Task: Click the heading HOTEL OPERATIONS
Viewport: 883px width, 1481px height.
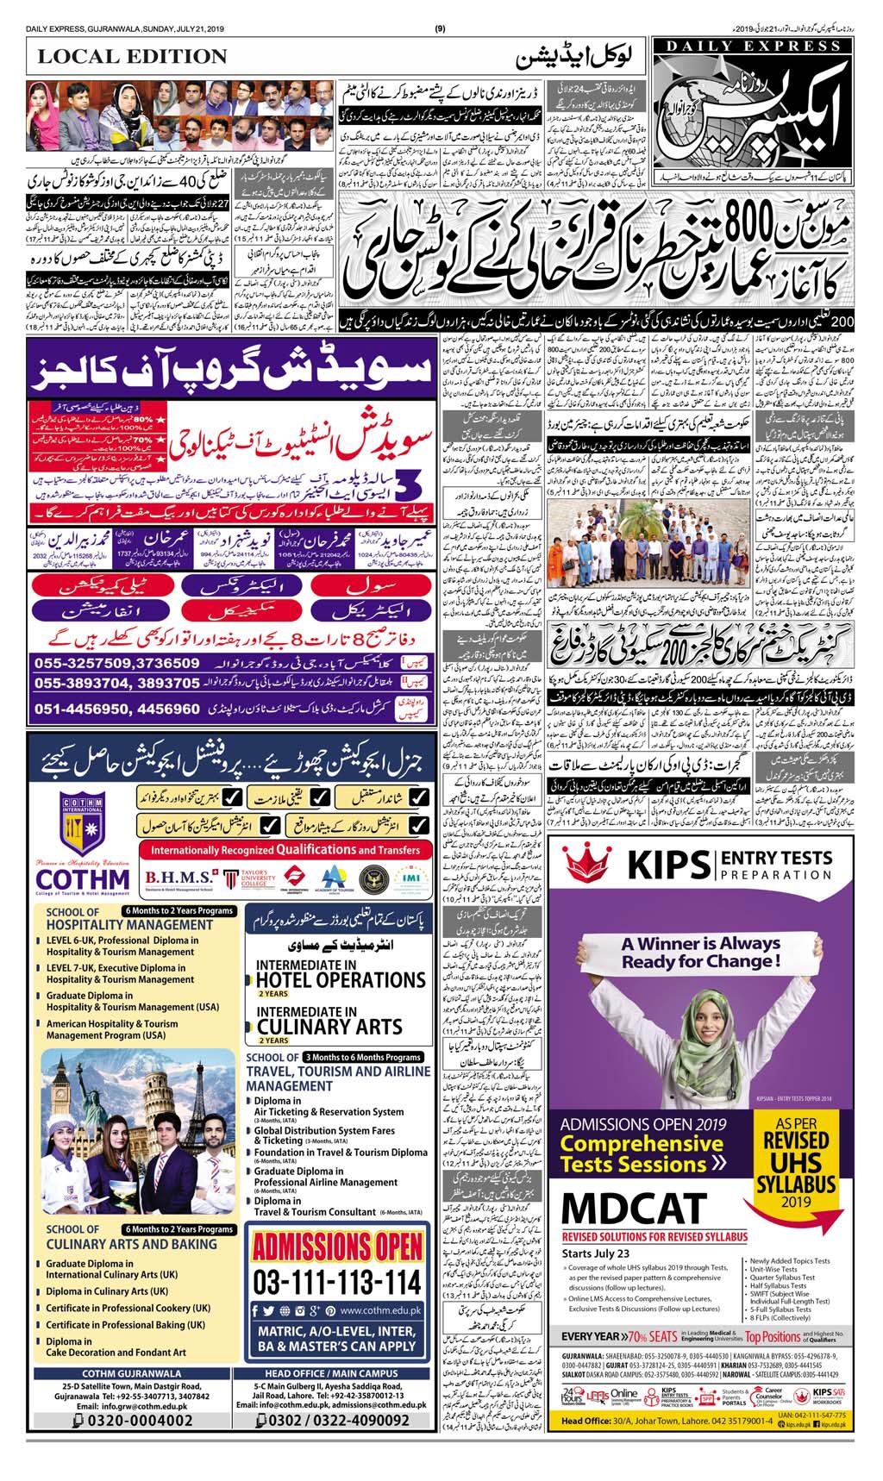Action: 341,980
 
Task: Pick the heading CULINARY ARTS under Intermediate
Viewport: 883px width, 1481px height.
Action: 329,1027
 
